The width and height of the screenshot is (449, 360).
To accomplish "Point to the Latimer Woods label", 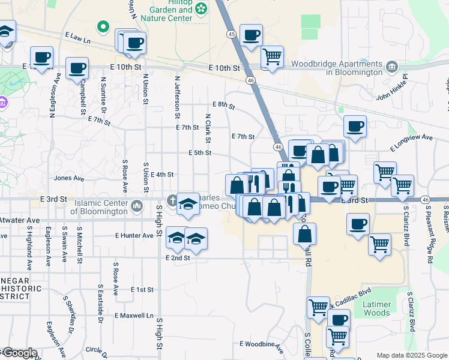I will pyautogui.click(x=377, y=308).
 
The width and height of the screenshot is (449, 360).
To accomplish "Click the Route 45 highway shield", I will pyautogui.click(x=232, y=35).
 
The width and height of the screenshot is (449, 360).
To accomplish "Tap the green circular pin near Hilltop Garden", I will pyautogui.click(x=103, y=26).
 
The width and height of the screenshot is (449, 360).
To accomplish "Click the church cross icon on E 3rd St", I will pyautogui.click(x=172, y=200).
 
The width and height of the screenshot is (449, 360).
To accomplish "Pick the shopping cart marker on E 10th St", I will pyautogui.click(x=273, y=57).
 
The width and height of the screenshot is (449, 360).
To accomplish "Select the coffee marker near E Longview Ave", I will pyautogui.click(x=355, y=126).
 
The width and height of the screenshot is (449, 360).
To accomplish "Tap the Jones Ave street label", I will pyautogui.click(x=65, y=178).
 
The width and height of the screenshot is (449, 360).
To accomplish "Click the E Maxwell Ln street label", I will pyautogui.click(x=133, y=315).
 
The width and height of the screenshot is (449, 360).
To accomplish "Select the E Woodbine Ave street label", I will pyautogui.click(x=261, y=344).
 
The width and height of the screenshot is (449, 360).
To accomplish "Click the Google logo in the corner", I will pyautogui.click(x=19, y=353).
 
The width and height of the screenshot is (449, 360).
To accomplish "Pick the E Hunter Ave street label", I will pyautogui.click(x=134, y=236).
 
